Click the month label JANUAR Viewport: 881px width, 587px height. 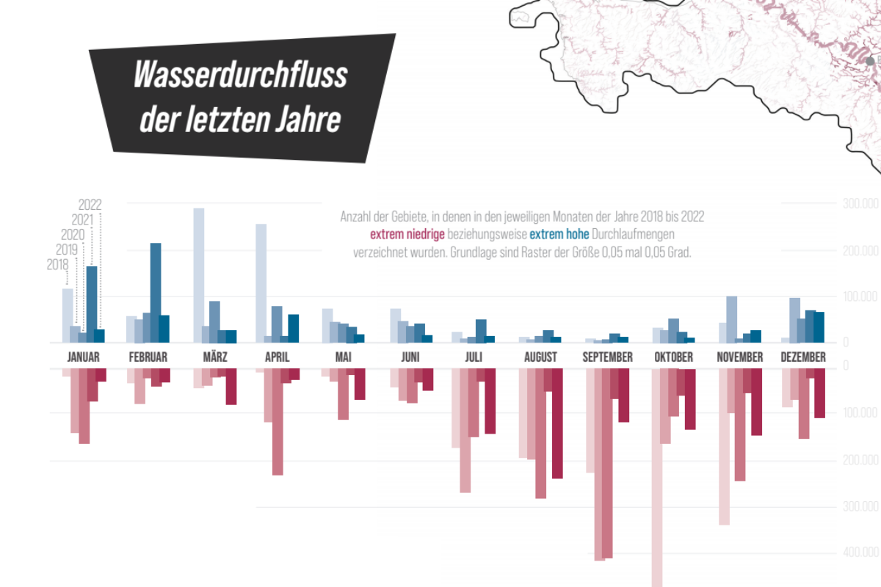(83, 357)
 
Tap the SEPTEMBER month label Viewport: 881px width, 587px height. (607, 357)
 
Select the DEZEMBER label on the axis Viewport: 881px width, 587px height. (802, 357)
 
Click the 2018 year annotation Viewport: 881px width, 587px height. (57, 265)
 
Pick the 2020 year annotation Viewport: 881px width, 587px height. (73, 235)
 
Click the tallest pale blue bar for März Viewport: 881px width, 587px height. (198, 275)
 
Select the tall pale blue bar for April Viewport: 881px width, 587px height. (261, 282)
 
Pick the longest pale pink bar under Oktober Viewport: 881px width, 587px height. (657, 477)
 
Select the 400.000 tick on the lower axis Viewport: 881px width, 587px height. (860, 552)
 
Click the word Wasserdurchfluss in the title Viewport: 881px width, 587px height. (241, 76)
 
